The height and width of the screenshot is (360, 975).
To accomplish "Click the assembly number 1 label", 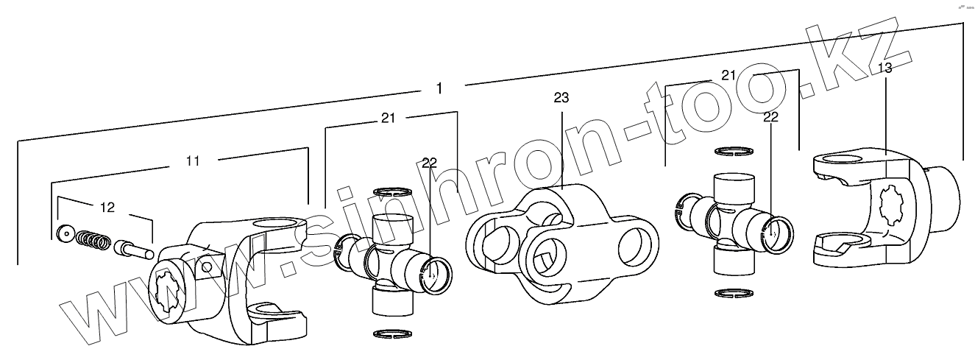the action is [x=439, y=88].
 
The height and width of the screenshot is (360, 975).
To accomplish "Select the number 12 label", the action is [x=107, y=208].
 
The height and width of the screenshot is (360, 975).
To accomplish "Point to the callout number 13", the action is [x=885, y=68].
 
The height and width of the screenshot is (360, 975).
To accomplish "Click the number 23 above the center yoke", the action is [x=561, y=97].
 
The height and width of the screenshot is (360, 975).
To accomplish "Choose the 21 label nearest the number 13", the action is [x=729, y=75].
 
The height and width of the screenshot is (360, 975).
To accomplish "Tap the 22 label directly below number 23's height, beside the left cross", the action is [x=430, y=163].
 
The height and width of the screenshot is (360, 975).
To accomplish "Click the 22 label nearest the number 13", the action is [x=771, y=116].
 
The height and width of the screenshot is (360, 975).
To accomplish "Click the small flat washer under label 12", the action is [x=66, y=235].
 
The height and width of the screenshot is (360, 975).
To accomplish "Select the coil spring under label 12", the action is [x=93, y=240].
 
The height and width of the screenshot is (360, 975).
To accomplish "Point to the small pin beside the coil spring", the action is [x=132, y=247].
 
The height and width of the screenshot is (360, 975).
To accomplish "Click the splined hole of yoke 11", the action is [x=167, y=291].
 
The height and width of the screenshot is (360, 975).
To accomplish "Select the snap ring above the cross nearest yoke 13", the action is [x=737, y=152].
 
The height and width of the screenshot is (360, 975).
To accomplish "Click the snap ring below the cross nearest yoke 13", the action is [x=737, y=294].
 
